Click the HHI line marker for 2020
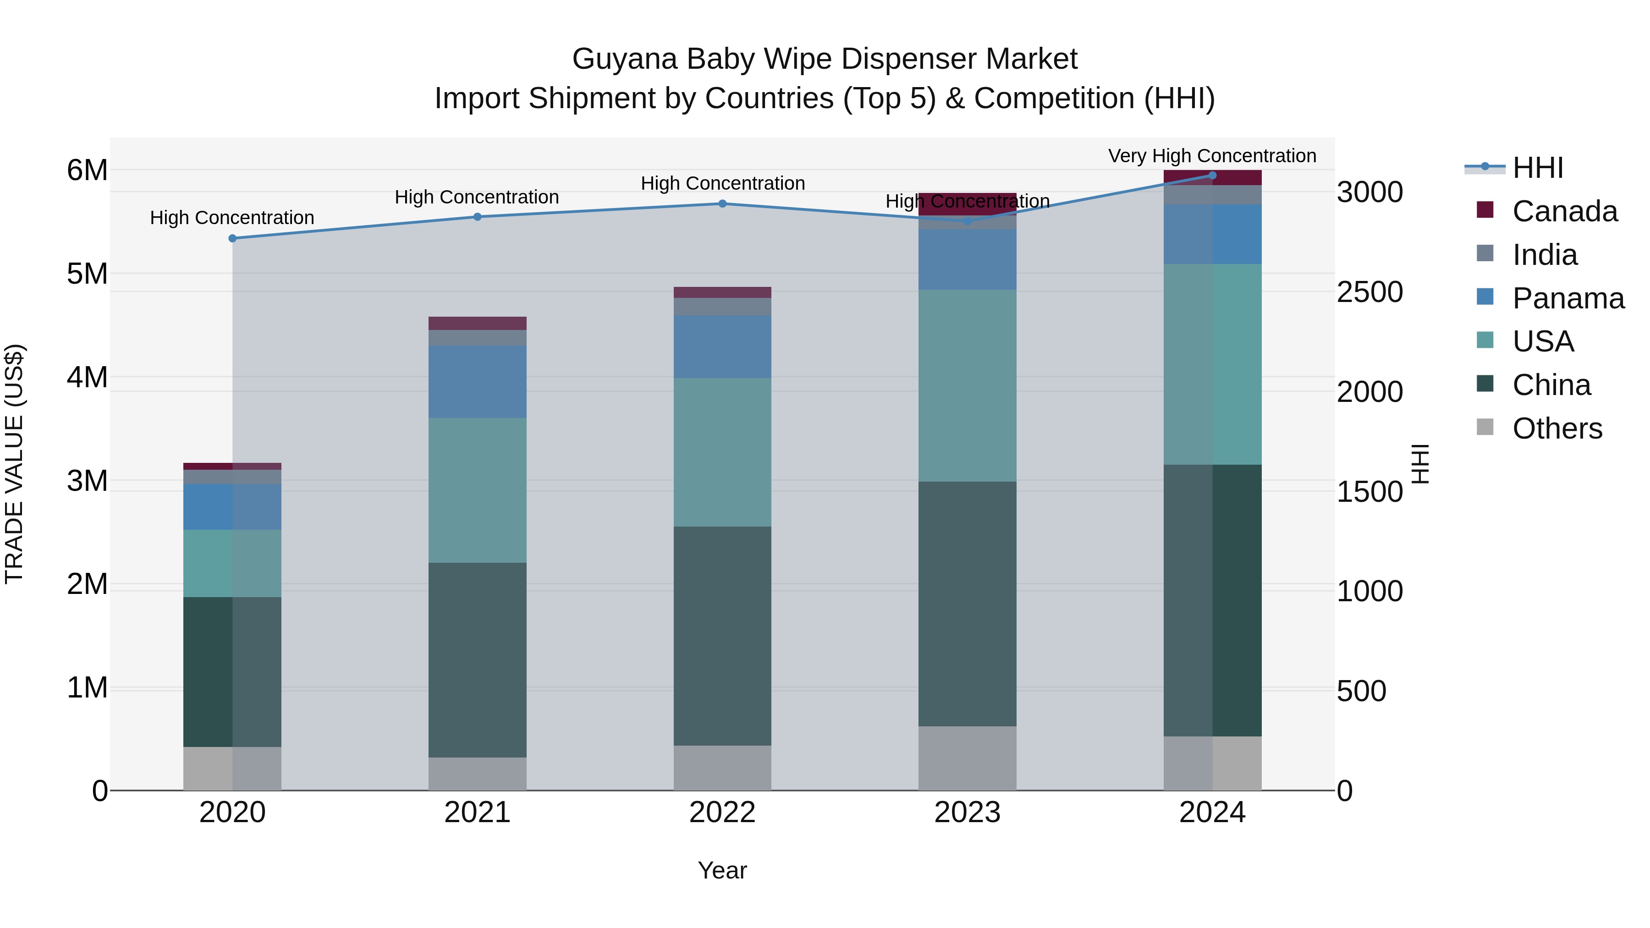click(x=232, y=238)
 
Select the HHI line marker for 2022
click(x=722, y=203)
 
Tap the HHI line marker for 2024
click(x=1212, y=175)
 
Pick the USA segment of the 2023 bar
click(x=967, y=385)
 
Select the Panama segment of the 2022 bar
click(x=722, y=346)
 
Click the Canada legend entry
click(x=1564, y=211)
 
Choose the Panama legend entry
click(x=1568, y=298)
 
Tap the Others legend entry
click(x=1556, y=428)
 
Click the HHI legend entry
click(x=1537, y=168)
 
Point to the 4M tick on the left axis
click(x=87, y=377)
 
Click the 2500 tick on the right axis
click(x=1369, y=292)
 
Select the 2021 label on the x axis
click(x=477, y=813)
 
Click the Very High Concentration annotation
click(x=1212, y=156)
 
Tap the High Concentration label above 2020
click(x=232, y=218)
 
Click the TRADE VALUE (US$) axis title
click(x=14, y=464)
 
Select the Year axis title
click(x=722, y=870)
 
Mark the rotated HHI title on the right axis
click(x=1420, y=464)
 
